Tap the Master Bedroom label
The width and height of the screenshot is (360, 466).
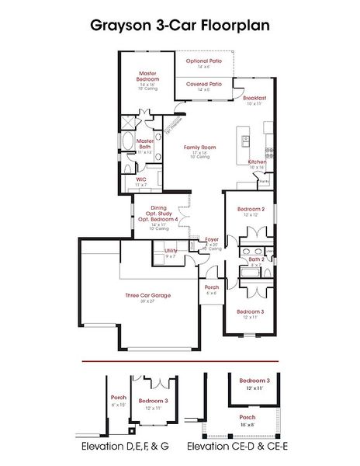[x=148, y=76]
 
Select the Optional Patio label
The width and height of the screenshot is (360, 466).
[x=204, y=61]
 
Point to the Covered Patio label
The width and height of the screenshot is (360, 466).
[x=204, y=83]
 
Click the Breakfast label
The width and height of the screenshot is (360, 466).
[x=254, y=99]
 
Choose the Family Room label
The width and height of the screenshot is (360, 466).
[x=199, y=147]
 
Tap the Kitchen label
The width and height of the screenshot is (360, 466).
[x=258, y=162]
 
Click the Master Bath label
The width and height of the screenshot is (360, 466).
[x=144, y=144]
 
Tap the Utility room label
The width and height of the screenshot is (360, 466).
[x=171, y=251]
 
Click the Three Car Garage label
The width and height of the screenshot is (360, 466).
[x=148, y=295]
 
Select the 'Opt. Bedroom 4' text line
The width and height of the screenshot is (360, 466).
[x=158, y=219]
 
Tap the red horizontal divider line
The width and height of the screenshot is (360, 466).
[x=180, y=361]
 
